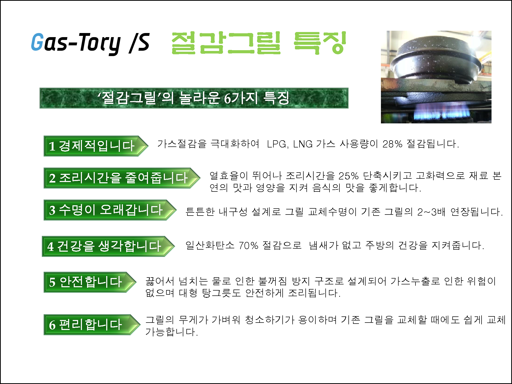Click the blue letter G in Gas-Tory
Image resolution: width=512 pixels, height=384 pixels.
click(37, 42)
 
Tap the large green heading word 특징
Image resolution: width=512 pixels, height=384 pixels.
click(320, 43)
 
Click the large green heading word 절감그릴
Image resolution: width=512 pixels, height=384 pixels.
click(226, 43)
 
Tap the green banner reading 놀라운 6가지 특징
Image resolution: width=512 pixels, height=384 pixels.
click(194, 98)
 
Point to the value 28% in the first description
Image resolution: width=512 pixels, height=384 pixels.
click(392, 144)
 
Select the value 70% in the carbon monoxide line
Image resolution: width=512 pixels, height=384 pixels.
click(249, 245)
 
